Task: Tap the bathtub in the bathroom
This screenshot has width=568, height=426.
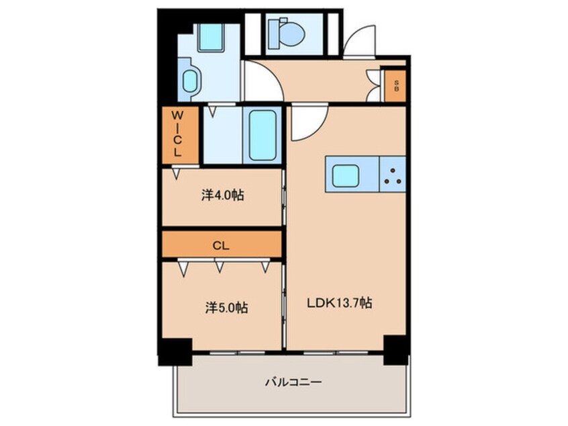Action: (263, 134)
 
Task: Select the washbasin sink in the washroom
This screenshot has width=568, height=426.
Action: (191, 81)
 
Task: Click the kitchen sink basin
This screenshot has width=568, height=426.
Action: (346, 175)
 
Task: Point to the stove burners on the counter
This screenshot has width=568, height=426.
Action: (393, 175)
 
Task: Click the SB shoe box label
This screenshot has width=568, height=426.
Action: (396, 85)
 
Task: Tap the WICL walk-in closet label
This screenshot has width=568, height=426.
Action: (179, 133)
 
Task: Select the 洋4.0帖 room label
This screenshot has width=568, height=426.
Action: (222, 196)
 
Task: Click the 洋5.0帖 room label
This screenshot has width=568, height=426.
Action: (226, 308)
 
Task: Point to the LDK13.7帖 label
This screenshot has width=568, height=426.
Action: (340, 304)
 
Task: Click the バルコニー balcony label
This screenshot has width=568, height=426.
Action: (292, 382)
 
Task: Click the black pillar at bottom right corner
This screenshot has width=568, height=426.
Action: (395, 349)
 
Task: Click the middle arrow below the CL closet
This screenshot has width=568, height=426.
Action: (220, 267)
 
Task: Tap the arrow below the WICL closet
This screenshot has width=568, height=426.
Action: (176, 173)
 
